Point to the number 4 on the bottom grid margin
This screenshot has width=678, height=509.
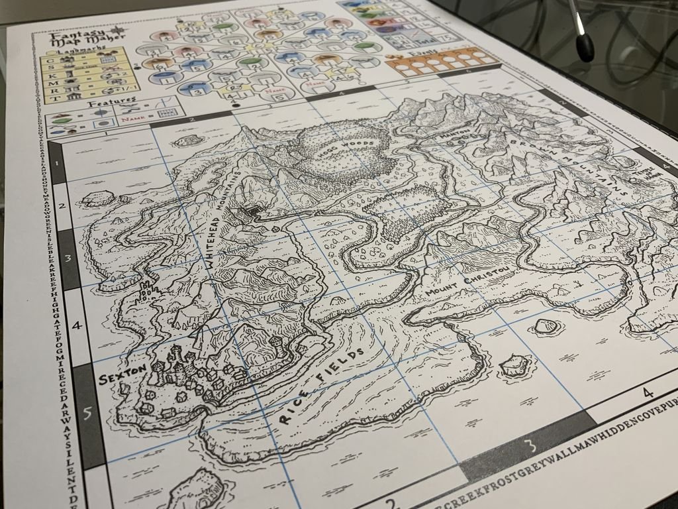coord(648,393)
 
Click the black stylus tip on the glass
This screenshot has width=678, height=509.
coord(585,48)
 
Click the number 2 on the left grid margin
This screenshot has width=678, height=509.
coord(62,205)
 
